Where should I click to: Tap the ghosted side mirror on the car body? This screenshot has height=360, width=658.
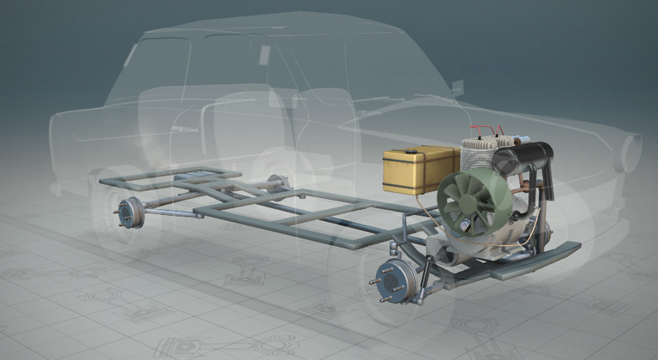point(457,88)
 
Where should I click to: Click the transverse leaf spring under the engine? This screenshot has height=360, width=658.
point(526,262)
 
